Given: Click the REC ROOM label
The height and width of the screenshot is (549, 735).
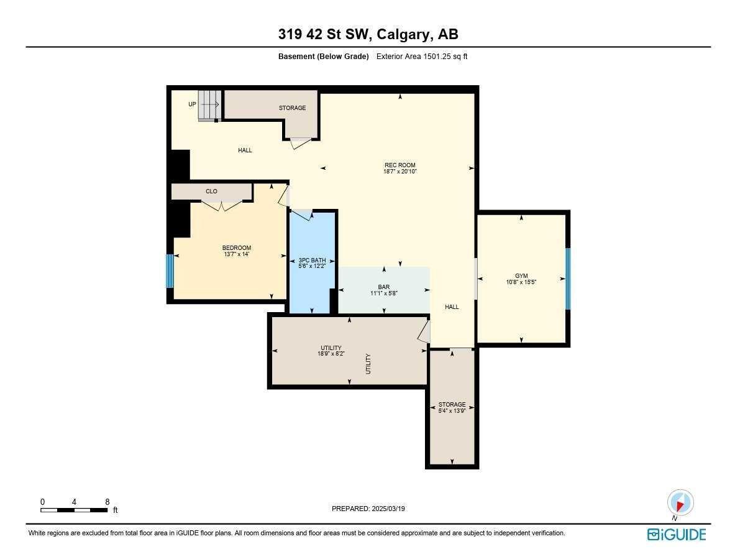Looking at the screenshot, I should pos(399,165).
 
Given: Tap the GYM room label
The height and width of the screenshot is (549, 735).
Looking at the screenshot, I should pos(521,275).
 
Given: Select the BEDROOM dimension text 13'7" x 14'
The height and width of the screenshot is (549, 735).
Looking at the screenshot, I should pos(236,254).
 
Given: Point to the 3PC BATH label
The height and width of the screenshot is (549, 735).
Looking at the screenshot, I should pos(312,261).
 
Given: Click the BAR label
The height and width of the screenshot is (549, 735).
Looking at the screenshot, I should pos(383,287).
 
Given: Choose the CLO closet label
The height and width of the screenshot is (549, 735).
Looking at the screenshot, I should pos(211,191).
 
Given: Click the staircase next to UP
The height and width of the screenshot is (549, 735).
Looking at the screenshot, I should pos(210,105).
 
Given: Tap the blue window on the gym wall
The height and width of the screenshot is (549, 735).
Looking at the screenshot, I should pos(568,279).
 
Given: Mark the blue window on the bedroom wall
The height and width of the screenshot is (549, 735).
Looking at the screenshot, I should pos(170,270).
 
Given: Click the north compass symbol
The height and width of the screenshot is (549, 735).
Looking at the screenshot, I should pos(680,503).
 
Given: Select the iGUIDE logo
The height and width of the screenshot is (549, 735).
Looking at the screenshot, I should pos(677,534).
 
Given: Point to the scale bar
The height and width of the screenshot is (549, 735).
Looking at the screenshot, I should pos(74,510).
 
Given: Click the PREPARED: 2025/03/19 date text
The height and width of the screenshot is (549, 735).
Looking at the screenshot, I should pos(368,509).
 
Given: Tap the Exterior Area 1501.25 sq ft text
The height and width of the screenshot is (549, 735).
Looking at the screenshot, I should pos(422,57).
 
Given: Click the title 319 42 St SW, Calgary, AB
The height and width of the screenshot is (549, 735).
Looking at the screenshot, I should pos(368,35).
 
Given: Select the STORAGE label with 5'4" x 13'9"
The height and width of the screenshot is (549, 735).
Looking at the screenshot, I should pos(452,405).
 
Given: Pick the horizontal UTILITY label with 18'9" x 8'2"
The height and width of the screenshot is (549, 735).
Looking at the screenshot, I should pos(331,348).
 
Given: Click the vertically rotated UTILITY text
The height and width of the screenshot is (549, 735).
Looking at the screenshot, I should pos(368,363).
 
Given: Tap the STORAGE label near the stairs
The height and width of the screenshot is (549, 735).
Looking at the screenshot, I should pos(292,108).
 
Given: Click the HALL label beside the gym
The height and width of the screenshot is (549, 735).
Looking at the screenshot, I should pos(452,307).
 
